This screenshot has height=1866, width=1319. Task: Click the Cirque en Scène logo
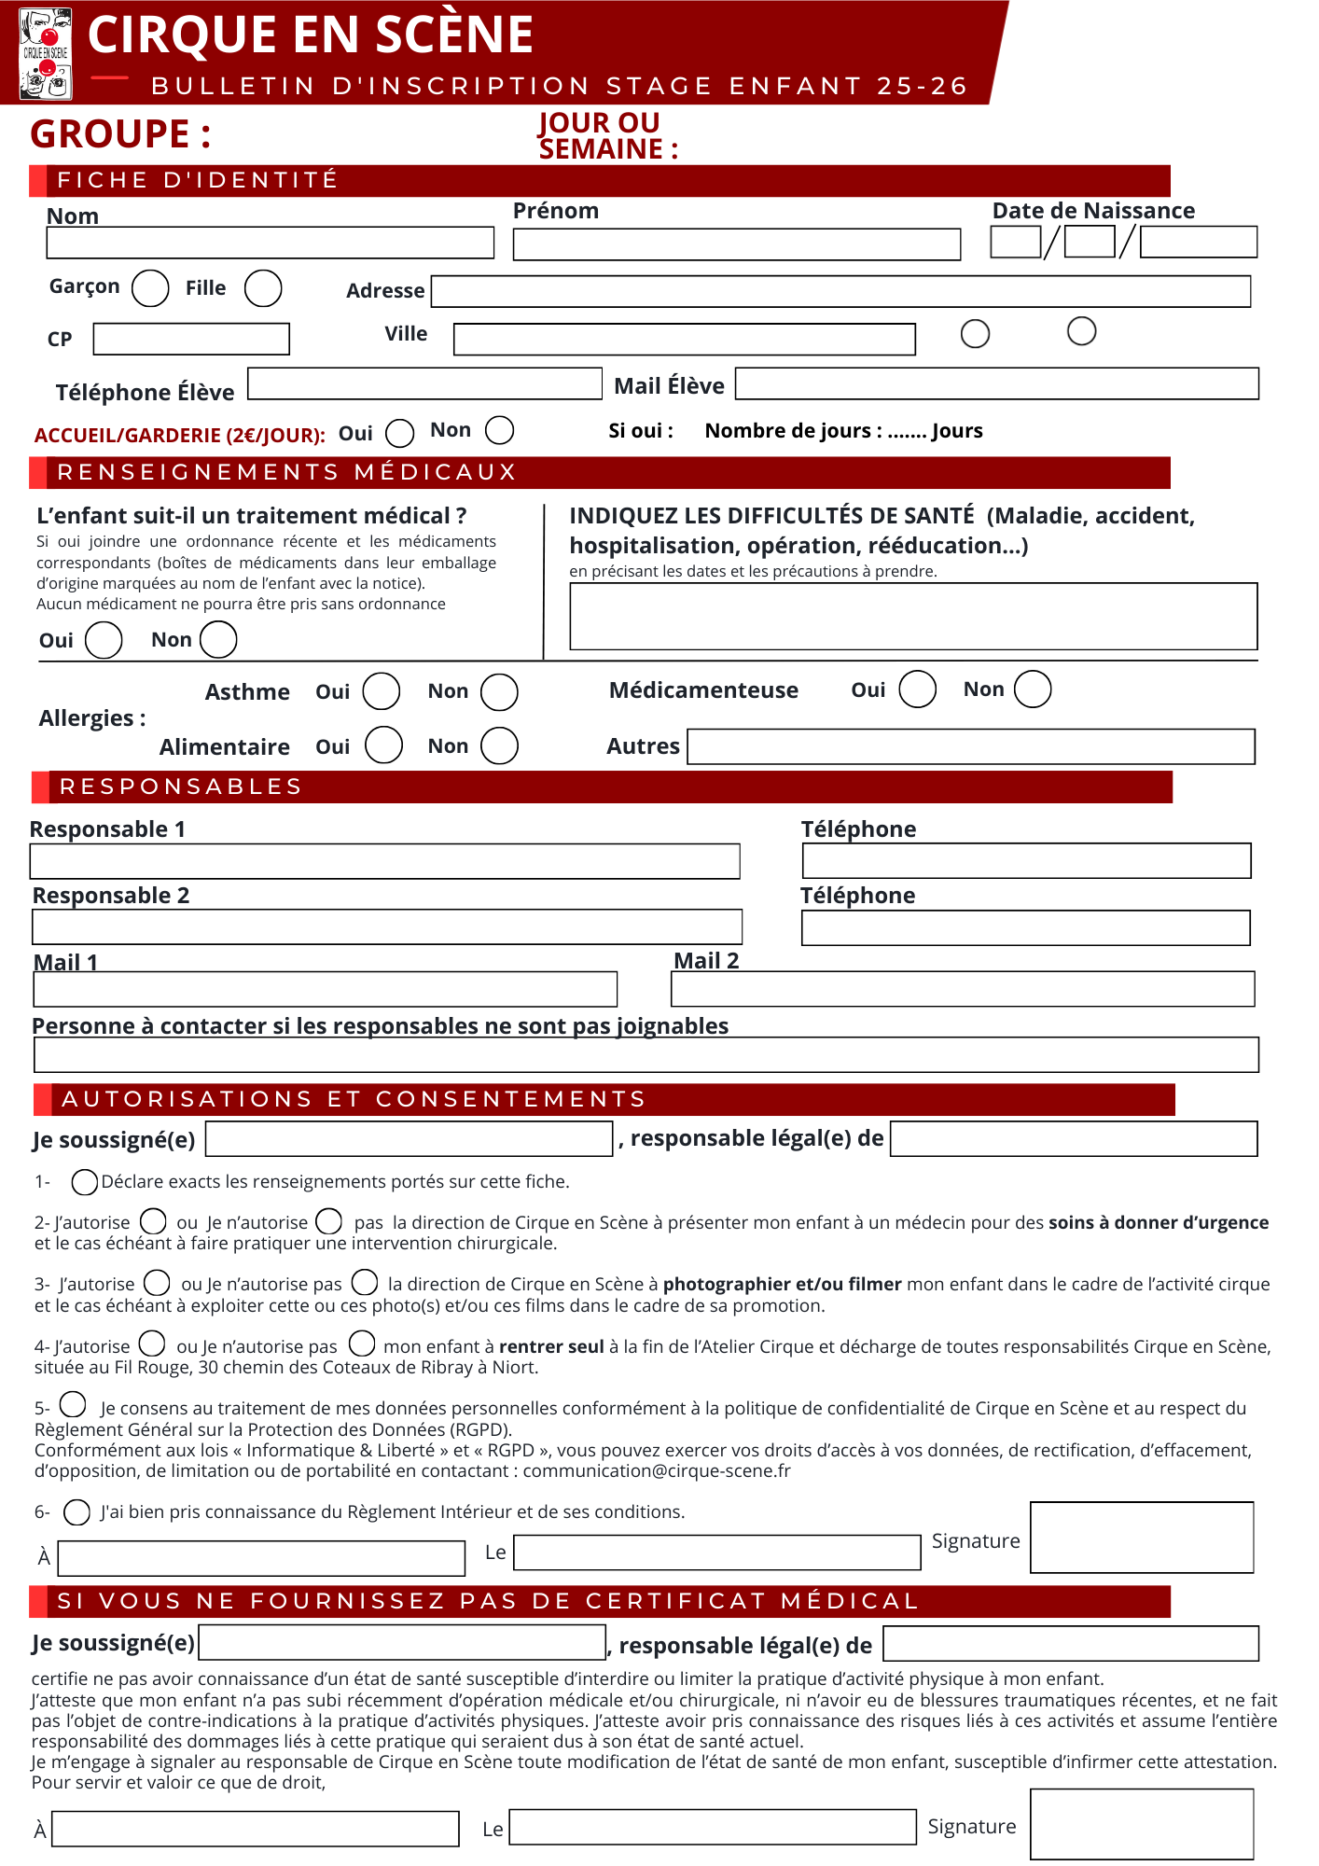(x=46, y=53)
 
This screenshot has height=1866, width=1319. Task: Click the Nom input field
(x=270, y=243)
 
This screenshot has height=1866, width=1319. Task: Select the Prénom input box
(x=736, y=244)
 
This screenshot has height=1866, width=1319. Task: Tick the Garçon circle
(x=150, y=288)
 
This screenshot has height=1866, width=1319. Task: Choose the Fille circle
(x=263, y=288)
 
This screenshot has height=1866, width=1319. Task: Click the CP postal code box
(x=191, y=339)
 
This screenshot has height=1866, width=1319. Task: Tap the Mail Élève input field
(x=996, y=383)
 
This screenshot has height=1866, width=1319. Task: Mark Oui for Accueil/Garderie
(x=400, y=433)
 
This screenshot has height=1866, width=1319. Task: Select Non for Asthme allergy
(x=499, y=692)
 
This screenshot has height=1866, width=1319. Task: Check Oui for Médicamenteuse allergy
(x=917, y=689)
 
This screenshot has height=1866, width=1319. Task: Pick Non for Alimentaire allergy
(x=499, y=746)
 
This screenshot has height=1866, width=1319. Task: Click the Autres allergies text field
(x=970, y=746)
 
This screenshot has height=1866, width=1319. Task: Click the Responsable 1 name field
(x=384, y=861)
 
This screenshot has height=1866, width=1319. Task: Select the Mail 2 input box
(x=962, y=989)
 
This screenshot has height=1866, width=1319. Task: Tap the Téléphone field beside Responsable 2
(x=1025, y=927)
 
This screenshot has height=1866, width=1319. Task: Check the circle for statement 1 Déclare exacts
(x=85, y=1182)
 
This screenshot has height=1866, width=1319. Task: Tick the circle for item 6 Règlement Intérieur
(x=77, y=1511)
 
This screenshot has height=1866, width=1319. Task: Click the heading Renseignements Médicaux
(x=286, y=472)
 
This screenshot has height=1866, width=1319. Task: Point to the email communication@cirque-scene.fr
(x=656, y=1471)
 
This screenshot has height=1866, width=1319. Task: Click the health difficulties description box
(x=912, y=617)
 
